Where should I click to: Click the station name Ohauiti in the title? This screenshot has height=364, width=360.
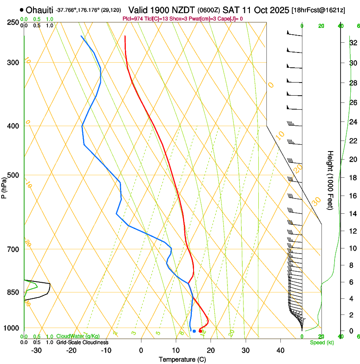coord(39,10)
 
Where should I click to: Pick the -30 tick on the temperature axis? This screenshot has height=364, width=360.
coord(36,350)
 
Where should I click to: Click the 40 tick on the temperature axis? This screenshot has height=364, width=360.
coord(280,350)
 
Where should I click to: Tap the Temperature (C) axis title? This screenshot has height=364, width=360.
coord(182,359)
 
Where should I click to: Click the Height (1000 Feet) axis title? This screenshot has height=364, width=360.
coord(331,180)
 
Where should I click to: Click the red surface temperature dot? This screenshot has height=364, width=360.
coord(200,331)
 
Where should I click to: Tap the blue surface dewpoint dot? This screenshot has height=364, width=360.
coord(194,331)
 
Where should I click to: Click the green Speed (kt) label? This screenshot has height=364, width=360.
coord(322,342)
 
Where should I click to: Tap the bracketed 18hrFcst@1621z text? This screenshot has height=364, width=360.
coord(318,10)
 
